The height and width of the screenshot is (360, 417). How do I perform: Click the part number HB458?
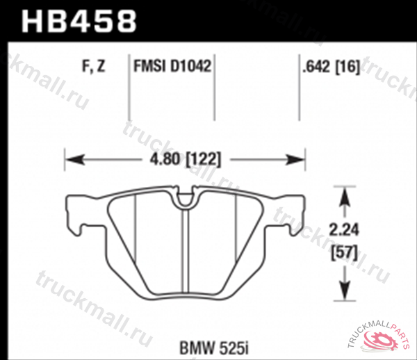click(x=79, y=21)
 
